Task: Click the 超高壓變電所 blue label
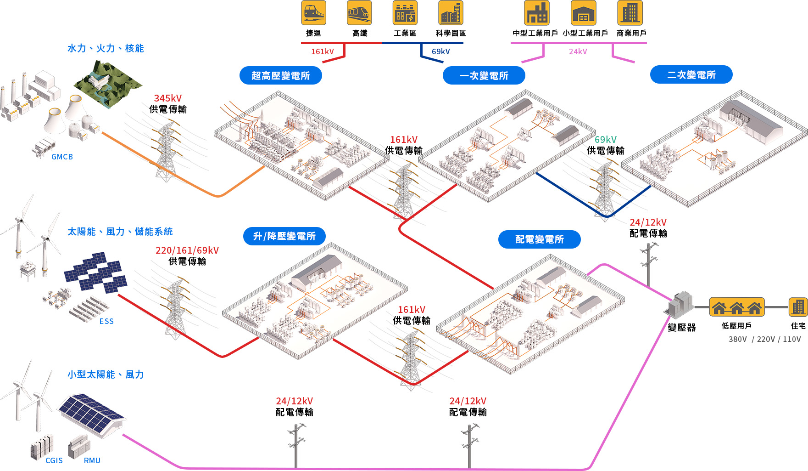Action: pyautogui.click(x=280, y=75)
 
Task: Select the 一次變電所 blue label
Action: pyautogui.click(x=484, y=76)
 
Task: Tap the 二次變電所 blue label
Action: pyautogui.click(x=691, y=75)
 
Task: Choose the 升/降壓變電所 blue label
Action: pyautogui.click(x=284, y=236)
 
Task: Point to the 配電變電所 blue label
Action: pyautogui.click(x=539, y=239)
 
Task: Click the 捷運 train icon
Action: pyautogui.click(x=313, y=13)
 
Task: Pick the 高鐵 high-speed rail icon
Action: pyautogui.click(x=359, y=13)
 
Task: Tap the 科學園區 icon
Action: pyautogui.click(x=451, y=13)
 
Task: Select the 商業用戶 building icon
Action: pyautogui.click(x=630, y=13)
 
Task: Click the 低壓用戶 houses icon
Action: pyautogui.click(x=737, y=307)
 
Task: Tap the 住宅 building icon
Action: pyautogui.click(x=798, y=307)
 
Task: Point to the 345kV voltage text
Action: pyautogui.click(x=168, y=98)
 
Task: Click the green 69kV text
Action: pyautogui.click(x=606, y=140)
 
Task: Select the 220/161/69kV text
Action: pyautogui.click(x=187, y=250)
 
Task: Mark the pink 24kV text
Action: pyautogui.click(x=578, y=51)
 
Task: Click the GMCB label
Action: pyautogui.click(x=62, y=157)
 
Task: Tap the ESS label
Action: pyautogui.click(x=106, y=321)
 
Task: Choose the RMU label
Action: pyautogui.click(x=92, y=460)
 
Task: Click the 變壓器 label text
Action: pyautogui.click(x=682, y=328)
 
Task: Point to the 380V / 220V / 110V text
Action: pyautogui.click(x=764, y=339)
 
